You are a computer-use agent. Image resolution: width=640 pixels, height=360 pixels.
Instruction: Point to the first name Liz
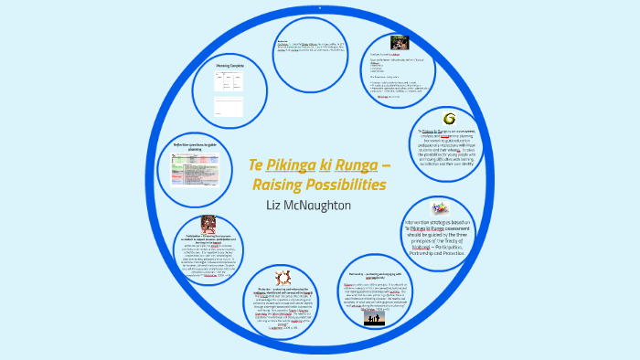click(276, 207)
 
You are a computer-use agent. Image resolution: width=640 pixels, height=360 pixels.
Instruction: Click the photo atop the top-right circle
click(399, 42)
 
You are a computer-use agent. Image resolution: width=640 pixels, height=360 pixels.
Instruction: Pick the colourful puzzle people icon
click(441, 208)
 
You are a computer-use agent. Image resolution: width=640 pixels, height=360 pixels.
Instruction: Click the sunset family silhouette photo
click(375, 319)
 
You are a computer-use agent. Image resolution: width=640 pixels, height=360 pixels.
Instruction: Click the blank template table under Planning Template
click(228, 90)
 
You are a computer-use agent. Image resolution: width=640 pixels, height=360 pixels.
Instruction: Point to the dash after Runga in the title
click(385, 165)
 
